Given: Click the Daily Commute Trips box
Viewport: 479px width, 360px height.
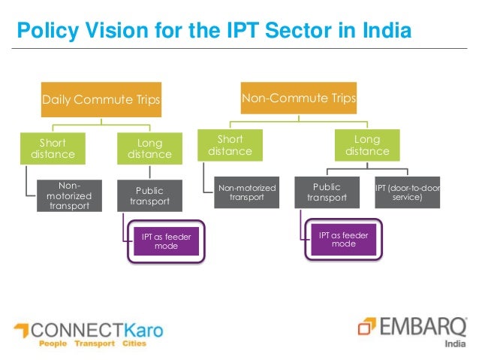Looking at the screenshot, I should pyautogui.click(x=101, y=98).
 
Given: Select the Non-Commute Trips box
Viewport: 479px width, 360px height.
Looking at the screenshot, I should pyautogui.click(x=298, y=98).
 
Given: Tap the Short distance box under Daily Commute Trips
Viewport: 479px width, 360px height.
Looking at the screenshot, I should pyautogui.click(x=53, y=148).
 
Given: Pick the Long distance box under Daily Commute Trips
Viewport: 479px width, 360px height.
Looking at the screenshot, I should pyautogui.click(x=149, y=148).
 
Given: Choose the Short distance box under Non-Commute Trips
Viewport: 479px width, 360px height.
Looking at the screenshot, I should pyautogui.click(x=230, y=145).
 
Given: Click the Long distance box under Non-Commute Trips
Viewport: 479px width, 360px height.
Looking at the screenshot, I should pyautogui.click(x=367, y=145).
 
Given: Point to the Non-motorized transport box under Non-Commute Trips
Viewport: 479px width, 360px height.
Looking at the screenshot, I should pyautogui.click(x=247, y=192).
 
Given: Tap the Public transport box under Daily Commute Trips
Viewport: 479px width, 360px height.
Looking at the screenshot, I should pyautogui.click(x=149, y=196).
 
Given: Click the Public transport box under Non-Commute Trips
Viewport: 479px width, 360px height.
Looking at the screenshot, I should pyautogui.click(x=327, y=192).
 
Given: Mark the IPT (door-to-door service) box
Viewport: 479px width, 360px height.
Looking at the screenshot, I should pyautogui.click(x=407, y=192).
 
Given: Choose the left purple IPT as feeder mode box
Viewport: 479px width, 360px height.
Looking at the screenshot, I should pyautogui.click(x=166, y=241).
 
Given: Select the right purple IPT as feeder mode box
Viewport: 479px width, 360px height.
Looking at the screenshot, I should pyautogui.click(x=344, y=239).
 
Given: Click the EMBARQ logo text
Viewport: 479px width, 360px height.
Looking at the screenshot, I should pyautogui.click(x=420, y=326).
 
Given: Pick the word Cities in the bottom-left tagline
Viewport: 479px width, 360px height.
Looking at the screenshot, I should pyautogui.click(x=133, y=344).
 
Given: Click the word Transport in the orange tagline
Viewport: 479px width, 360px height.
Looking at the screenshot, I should pyautogui.click(x=95, y=344).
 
